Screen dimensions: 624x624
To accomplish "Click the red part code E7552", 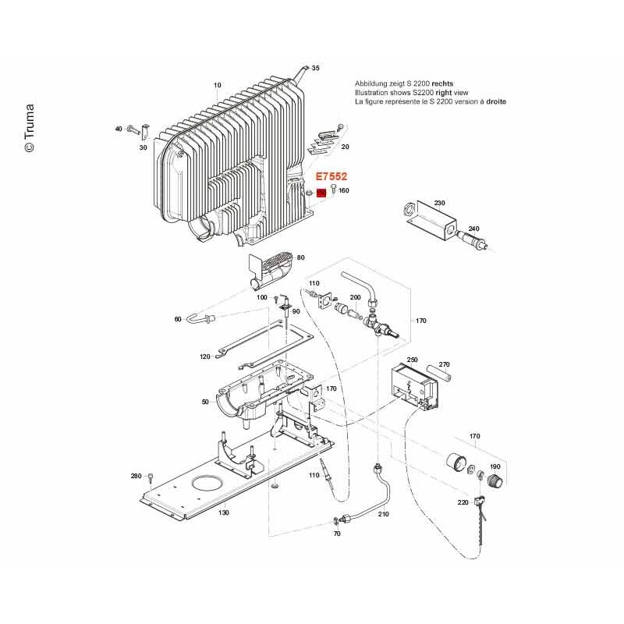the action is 331,176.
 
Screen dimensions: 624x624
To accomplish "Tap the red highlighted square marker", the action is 321,193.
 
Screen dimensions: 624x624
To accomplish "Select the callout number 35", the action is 315,68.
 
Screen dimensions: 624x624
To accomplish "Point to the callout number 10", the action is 218,85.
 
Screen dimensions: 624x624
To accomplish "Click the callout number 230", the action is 439,203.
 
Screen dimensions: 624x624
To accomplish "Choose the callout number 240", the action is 474,229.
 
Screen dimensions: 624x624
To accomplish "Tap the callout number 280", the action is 136,476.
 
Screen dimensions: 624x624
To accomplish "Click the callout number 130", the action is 224,512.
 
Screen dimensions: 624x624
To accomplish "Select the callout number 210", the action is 383,514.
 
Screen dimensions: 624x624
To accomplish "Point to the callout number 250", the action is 413,360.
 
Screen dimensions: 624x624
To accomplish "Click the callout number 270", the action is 444,364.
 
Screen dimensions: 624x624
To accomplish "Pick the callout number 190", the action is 495,466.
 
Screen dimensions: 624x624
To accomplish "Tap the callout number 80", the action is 301,258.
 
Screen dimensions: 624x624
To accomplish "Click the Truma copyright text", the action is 30,128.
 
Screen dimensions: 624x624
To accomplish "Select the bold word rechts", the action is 442,83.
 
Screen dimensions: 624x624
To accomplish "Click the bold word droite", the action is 496,101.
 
